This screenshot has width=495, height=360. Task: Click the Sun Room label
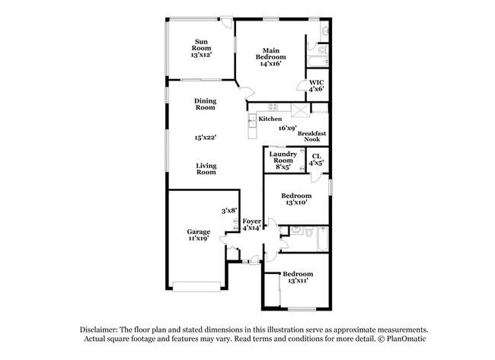click(x=201, y=46)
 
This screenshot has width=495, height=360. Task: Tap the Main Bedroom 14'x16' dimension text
click(x=270, y=65)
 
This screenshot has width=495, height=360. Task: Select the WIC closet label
click(x=316, y=81)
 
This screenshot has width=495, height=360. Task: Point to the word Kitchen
click(x=270, y=119)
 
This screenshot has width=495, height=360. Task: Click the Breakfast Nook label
click(x=312, y=136)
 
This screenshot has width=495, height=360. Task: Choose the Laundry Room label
click(x=283, y=158)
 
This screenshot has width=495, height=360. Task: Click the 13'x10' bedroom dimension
click(x=296, y=202)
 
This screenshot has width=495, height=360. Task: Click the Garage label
click(x=199, y=231)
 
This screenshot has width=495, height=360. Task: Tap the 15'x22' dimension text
click(x=206, y=138)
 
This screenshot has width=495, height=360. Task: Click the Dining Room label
click(x=206, y=104)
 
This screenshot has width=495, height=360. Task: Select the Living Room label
click(x=206, y=169)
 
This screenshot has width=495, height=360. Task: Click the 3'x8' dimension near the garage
click(x=229, y=210)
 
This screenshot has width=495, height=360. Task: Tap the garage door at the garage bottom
click(x=197, y=286)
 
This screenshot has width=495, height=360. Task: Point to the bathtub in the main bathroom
click(x=318, y=62)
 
